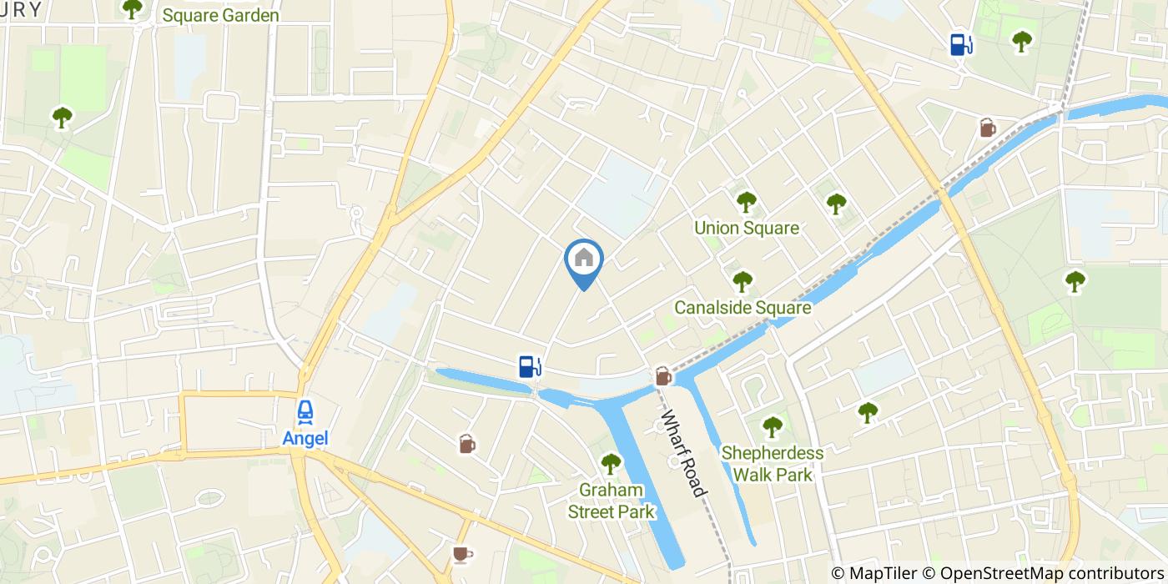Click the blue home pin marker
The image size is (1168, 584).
[584, 260]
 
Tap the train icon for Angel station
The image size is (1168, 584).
[305, 411]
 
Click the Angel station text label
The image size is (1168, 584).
[305, 438]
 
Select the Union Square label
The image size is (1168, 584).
[747, 228]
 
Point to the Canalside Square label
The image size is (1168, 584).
[743, 308]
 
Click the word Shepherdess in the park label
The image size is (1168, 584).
[772, 454]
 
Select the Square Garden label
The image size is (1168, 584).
[220, 15]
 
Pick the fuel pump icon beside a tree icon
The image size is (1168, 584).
[962, 43]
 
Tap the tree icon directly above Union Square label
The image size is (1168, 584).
[746, 201]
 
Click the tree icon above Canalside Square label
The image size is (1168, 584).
[742, 281]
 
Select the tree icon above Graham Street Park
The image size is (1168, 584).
[612, 463]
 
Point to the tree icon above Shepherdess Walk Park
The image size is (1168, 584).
[773, 426]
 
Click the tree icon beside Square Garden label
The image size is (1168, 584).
[132, 8]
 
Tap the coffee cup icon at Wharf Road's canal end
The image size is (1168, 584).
[663, 376]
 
